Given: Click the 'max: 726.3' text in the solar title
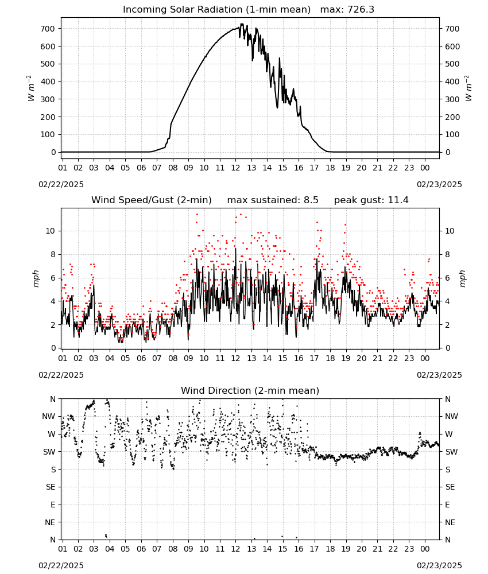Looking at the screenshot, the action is click(x=347, y=10).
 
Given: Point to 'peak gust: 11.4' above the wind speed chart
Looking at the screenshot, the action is click(x=371, y=200).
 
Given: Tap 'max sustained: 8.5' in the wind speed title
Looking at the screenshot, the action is click(x=273, y=200).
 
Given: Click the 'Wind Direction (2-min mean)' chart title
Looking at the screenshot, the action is click(x=250, y=390).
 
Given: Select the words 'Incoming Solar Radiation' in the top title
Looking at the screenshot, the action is click(x=183, y=10).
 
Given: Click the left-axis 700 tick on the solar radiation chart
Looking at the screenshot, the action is click(x=48, y=29).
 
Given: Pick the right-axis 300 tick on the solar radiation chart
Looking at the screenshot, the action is click(x=452, y=99).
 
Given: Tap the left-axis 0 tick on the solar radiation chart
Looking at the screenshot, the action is click(x=54, y=152).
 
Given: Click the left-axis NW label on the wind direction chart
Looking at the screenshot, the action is click(x=49, y=417).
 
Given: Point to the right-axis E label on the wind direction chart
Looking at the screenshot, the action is click(x=447, y=505).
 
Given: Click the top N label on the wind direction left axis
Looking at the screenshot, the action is click(x=53, y=399).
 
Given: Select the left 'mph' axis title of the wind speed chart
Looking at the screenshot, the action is click(x=36, y=278).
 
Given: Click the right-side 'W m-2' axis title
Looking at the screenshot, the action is click(x=468, y=88).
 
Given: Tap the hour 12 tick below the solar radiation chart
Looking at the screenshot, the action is click(x=236, y=168).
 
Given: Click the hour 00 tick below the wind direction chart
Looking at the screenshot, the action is click(x=425, y=549).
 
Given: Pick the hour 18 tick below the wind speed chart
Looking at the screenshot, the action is click(x=330, y=358).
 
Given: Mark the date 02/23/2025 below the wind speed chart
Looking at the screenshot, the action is click(x=439, y=375).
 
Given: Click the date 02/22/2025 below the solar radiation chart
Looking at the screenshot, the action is click(x=61, y=184).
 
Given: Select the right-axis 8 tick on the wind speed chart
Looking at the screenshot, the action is click(x=447, y=254).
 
